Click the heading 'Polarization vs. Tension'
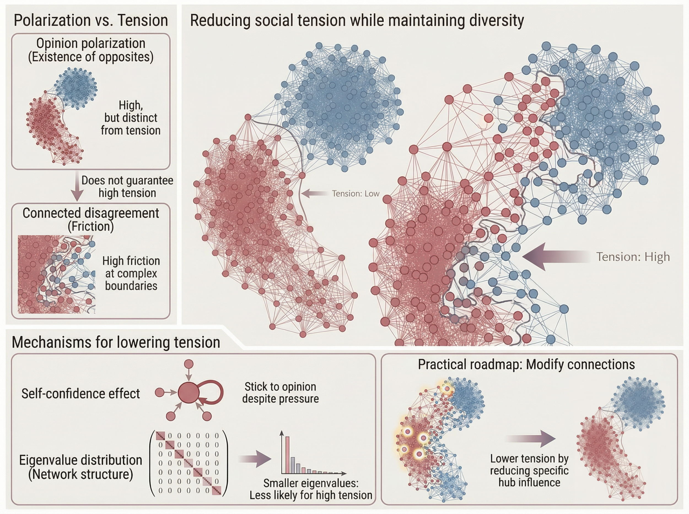(91, 21)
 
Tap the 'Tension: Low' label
(356, 194)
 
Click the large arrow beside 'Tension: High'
(555, 257)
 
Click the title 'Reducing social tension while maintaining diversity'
(357, 21)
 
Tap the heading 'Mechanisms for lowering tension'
(116, 342)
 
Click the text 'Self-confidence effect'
(81, 394)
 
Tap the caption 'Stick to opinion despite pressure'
(280, 393)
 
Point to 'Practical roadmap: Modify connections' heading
(526, 364)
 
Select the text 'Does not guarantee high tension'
(127, 187)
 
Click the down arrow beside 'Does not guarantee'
(77, 187)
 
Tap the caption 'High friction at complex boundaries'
(131, 273)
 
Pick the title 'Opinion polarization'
(91, 43)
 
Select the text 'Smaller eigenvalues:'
(311, 483)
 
